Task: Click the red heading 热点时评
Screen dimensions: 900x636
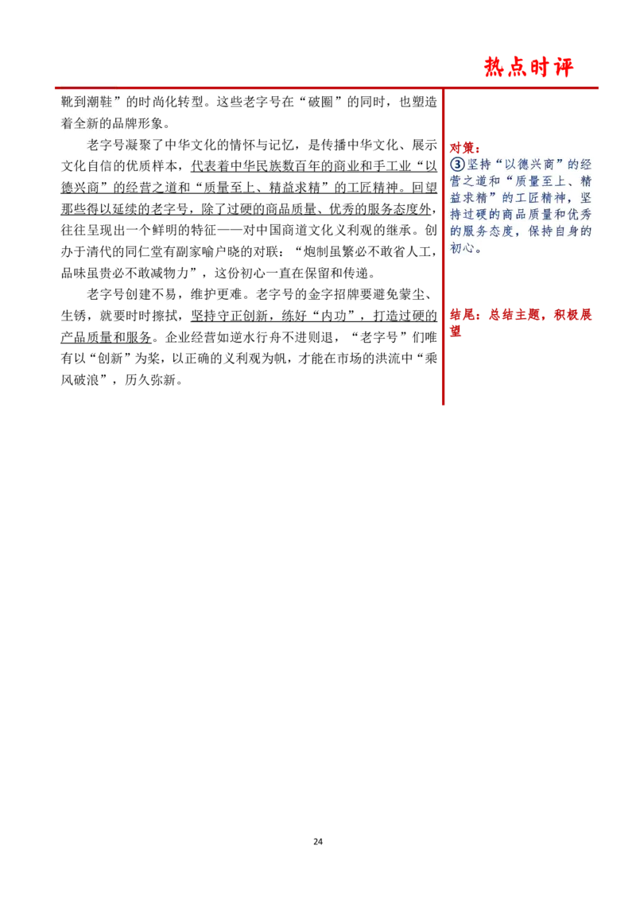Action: [x=529, y=68]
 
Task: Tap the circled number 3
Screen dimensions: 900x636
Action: [x=457, y=164]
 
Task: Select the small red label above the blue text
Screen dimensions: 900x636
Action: [x=463, y=147]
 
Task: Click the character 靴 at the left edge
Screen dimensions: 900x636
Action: [x=67, y=103]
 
